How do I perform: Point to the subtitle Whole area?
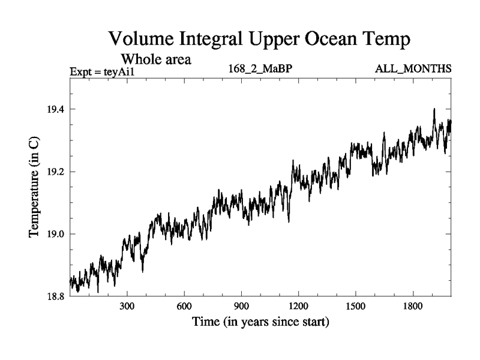157,59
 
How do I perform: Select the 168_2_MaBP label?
260,70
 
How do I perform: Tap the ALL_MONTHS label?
413,70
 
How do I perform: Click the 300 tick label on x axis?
127,307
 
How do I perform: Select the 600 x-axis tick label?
184,307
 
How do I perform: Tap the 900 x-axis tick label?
241,307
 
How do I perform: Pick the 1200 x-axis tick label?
298,307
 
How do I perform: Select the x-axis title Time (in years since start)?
260,323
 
